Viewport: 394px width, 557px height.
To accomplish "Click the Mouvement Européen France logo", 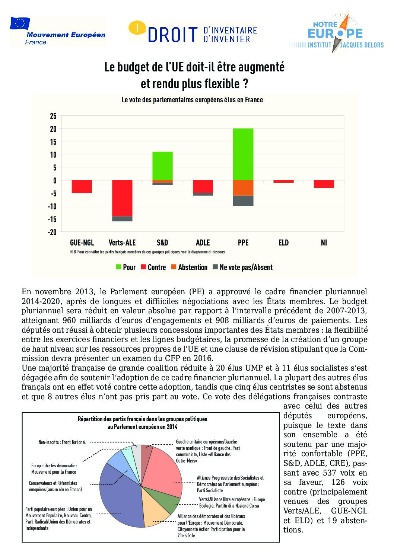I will [58, 31].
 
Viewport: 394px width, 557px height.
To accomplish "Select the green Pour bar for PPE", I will [243, 154].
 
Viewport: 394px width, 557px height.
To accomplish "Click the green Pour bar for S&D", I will [162, 166].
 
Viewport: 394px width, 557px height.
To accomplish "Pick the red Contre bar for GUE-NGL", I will [82, 186].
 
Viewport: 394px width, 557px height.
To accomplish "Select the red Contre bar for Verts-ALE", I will [122, 198].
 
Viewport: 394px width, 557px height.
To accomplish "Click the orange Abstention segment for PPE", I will [243, 188].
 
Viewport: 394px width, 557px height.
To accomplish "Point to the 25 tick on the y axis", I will [53, 116].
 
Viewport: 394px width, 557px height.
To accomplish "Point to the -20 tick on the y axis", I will [52, 232].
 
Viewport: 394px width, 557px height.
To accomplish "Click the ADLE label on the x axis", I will [203, 243].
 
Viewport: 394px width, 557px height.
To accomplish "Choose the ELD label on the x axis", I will [283, 243].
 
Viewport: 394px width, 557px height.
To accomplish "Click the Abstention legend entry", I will [189, 267].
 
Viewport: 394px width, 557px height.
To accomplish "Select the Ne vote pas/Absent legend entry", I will [242, 267].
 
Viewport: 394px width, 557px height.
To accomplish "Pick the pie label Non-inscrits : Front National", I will [62, 442].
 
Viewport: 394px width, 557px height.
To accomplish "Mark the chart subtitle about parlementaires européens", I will [192, 100].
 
